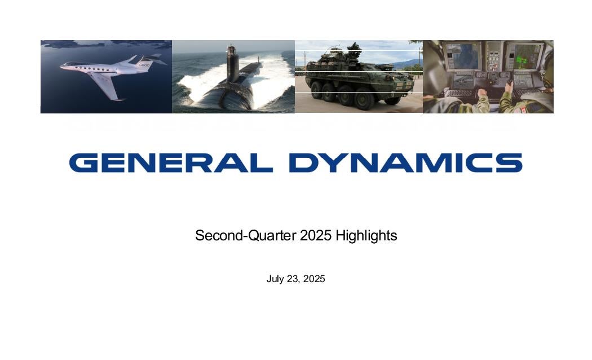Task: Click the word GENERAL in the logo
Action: (171, 163)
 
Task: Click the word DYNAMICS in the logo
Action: (406, 163)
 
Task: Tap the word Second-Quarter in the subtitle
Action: (246, 235)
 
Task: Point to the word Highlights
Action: (366, 236)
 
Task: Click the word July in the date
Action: (275, 279)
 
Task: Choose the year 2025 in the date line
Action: (314, 279)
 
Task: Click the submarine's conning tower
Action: (232, 64)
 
